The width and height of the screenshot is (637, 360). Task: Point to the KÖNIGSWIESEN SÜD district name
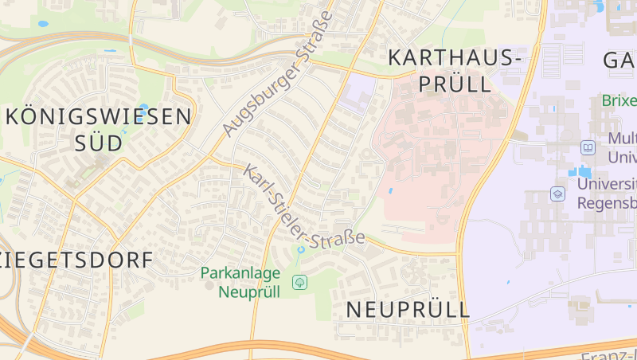click(x=99, y=130)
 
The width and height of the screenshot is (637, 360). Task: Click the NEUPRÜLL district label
click(x=408, y=310)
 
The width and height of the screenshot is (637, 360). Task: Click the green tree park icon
click(x=299, y=282)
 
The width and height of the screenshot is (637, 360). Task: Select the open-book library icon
click(x=588, y=147)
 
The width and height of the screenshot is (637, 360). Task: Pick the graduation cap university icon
click(x=557, y=194)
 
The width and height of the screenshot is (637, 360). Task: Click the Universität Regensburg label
click(x=605, y=194)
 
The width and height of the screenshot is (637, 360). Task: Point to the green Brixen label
click(x=620, y=101)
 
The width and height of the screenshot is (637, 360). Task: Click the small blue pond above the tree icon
click(x=300, y=251)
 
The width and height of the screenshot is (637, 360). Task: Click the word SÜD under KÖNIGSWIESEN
click(x=99, y=143)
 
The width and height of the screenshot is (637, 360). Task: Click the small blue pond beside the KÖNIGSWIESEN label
click(x=143, y=107)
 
